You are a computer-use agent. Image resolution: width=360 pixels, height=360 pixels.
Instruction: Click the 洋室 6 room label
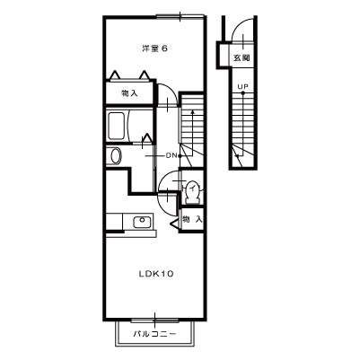pos(154,48)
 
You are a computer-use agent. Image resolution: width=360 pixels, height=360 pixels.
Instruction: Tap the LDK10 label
pos(156,274)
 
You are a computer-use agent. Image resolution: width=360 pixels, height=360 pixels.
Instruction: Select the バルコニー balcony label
pos(154,333)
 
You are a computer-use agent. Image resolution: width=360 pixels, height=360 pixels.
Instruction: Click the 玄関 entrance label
pos(241,57)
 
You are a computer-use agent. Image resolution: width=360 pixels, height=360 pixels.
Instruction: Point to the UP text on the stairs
pos(242,87)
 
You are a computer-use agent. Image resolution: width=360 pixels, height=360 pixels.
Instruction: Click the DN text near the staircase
pos(171,155)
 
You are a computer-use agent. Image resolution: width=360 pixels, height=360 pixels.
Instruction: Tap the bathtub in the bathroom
pos(116,126)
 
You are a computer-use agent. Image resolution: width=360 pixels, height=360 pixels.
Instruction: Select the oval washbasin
pos(116,156)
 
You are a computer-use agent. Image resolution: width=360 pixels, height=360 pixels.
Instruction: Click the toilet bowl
pos(192,192)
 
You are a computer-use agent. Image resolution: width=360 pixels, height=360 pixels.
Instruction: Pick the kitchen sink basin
pos(142,222)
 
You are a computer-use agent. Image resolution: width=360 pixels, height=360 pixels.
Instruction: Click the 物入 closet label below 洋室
pos(129,93)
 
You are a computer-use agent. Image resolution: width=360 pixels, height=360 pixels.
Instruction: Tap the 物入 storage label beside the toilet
pos(192,219)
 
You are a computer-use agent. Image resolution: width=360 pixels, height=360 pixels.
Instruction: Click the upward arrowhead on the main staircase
pos(193,112)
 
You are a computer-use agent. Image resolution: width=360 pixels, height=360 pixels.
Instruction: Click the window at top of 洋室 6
pos(180,17)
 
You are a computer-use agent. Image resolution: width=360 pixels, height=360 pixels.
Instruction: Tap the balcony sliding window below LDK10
pos(154,320)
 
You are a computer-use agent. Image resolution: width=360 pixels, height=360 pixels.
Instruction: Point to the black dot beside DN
pos(180,155)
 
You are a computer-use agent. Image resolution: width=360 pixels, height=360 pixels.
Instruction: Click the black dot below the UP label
pos(242,93)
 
